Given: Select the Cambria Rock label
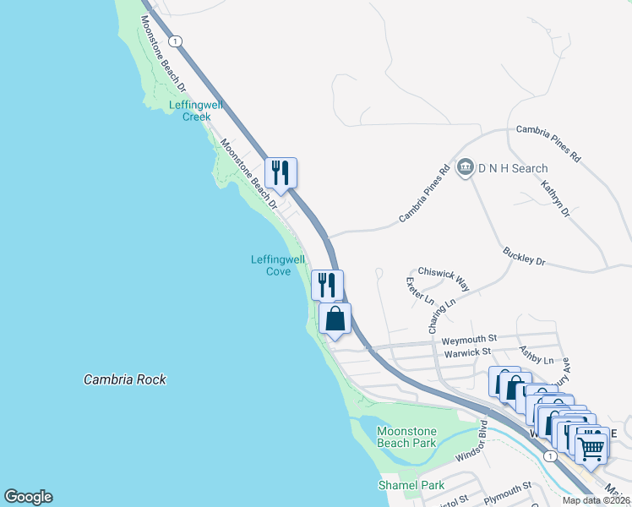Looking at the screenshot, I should point(125,379).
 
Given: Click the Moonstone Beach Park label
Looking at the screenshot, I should point(406,437).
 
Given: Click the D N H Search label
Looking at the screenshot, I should point(513,168).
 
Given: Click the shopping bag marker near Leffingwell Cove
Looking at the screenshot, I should point(335,319).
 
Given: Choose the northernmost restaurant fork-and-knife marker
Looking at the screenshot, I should point(281,172).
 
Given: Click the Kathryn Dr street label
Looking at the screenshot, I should point(556,199).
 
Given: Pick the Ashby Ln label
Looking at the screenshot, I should point(536,359).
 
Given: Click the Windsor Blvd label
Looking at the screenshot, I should point(472,440).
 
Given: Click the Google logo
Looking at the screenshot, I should point(28,497).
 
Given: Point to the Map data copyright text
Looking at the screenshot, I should point(597,500).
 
